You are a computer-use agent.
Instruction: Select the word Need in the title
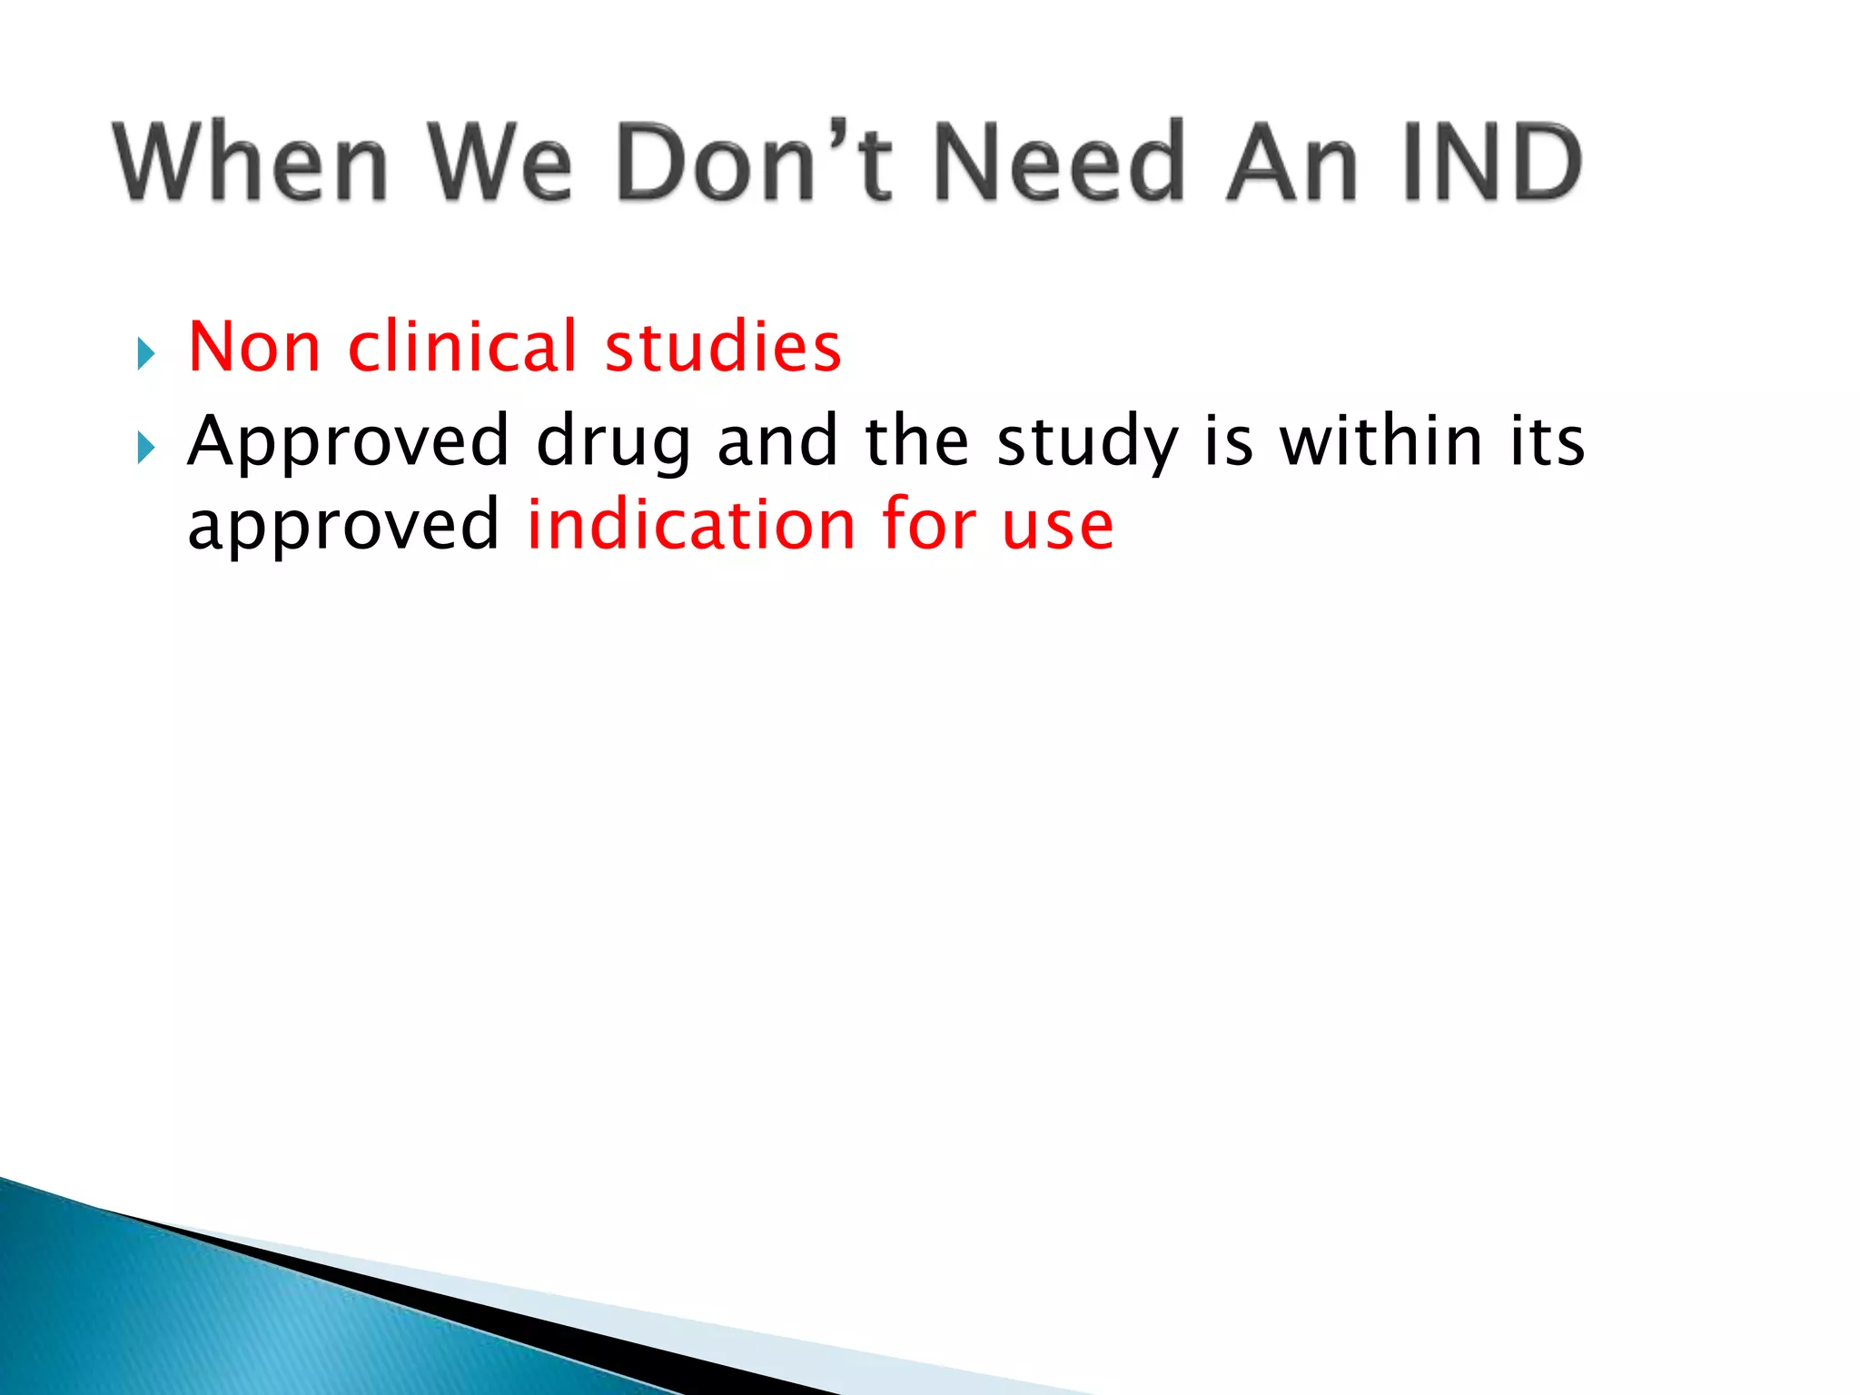click(1059, 162)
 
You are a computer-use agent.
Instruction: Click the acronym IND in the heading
click(1492, 162)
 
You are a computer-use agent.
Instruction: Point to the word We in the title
click(500, 162)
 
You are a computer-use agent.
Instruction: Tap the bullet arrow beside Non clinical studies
click(145, 353)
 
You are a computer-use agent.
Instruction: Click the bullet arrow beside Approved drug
click(145, 448)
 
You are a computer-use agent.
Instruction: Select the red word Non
click(254, 347)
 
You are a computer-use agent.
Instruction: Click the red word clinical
click(462, 347)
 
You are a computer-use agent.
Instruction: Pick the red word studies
click(723, 347)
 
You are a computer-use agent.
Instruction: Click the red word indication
click(691, 525)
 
